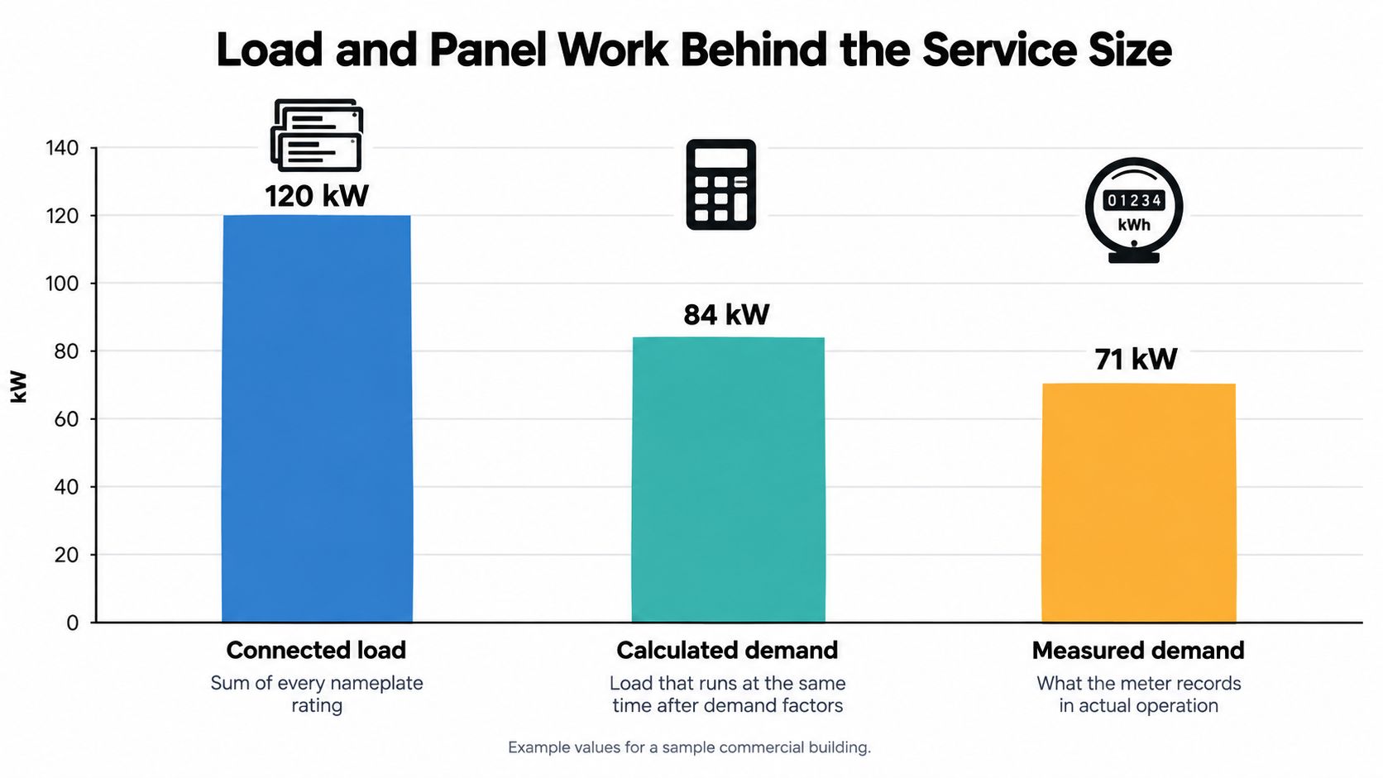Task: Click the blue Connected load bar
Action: click(317, 418)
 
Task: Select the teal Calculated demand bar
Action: click(728, 480)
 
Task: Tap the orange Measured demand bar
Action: click(1138, 503)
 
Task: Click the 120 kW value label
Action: click(317, 196)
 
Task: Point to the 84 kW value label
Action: click(727, 315)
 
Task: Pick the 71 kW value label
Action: click(1136, 359)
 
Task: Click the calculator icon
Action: click(721, 184)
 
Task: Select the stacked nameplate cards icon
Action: click(317, 135)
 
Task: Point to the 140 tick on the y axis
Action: click(62, 148)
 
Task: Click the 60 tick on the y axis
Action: click(66, 419)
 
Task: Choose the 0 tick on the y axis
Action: click(73, 623)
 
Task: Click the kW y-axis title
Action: click(19, 387)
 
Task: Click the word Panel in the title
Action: click(488, 50)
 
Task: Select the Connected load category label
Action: click(316, 651)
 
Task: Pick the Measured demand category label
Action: click(1138, 651)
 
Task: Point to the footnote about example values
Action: click(690, 747)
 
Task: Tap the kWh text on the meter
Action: click(1134, 225)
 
